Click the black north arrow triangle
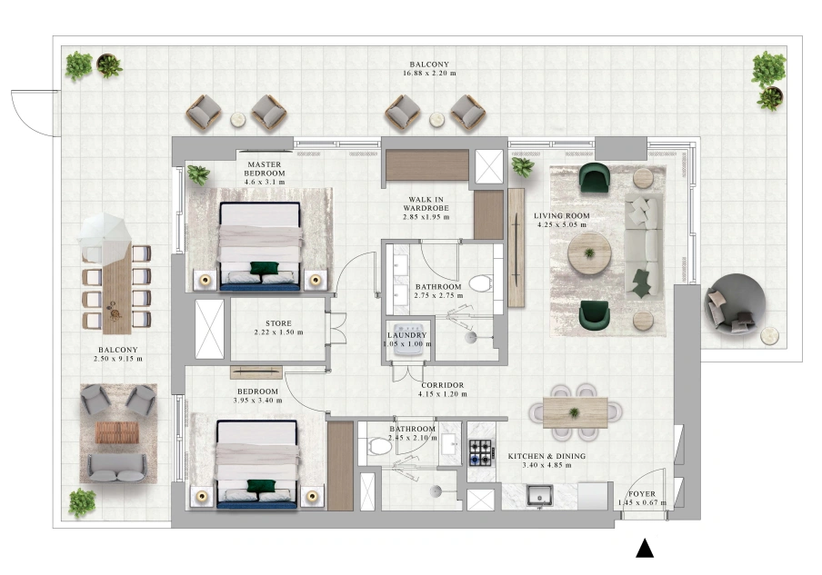pyautogui.click(x=645, y=549)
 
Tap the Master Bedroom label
pyautogui.click(x=265, y=169)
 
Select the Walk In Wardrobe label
pyautogui.click(x=426, y=203)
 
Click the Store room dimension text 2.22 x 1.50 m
pyautogui.click(x=278, y=332)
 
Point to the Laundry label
pyautogui.click(x=407, y=335)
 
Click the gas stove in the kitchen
pyautogui.click(x=481, y=452)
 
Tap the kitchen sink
pyautogui.click(x=539, y=494)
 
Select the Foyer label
pyautogui.click(x=642, y=494)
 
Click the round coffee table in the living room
pyautogui.click(x=589, y=253)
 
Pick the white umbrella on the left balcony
pyautogui.click(x=105, y=236)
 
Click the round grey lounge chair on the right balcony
pyautogui.click(x=735, y=304)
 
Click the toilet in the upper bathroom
pyautogui.click(x=481, y=283)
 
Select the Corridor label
pyautogui.click(x=443, y=385)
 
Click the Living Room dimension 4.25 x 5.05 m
pyautogui.click(x=562, y=224)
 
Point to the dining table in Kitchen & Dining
pyautogui.click(x=575, y=413)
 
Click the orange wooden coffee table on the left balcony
pyautogui.click(x=117, y=432)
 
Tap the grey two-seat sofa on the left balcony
pyautogui.click(x=117, y=468)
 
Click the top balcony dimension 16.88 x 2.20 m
pyautogui.click(x=429, y=74)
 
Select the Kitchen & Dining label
pyautogui.click(x=546, y=456)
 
